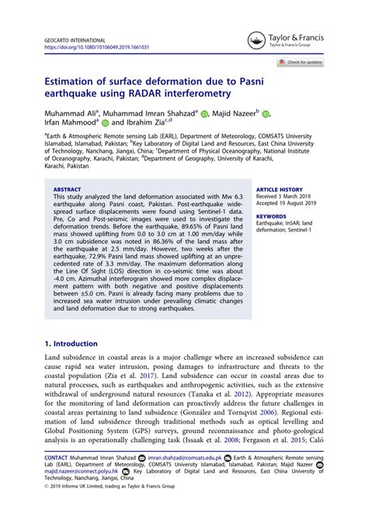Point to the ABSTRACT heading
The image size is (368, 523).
[67, 188]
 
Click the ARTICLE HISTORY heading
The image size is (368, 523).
[280, 188]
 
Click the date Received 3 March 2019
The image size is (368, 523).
[287, 196]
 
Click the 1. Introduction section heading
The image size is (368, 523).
[74, 342]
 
